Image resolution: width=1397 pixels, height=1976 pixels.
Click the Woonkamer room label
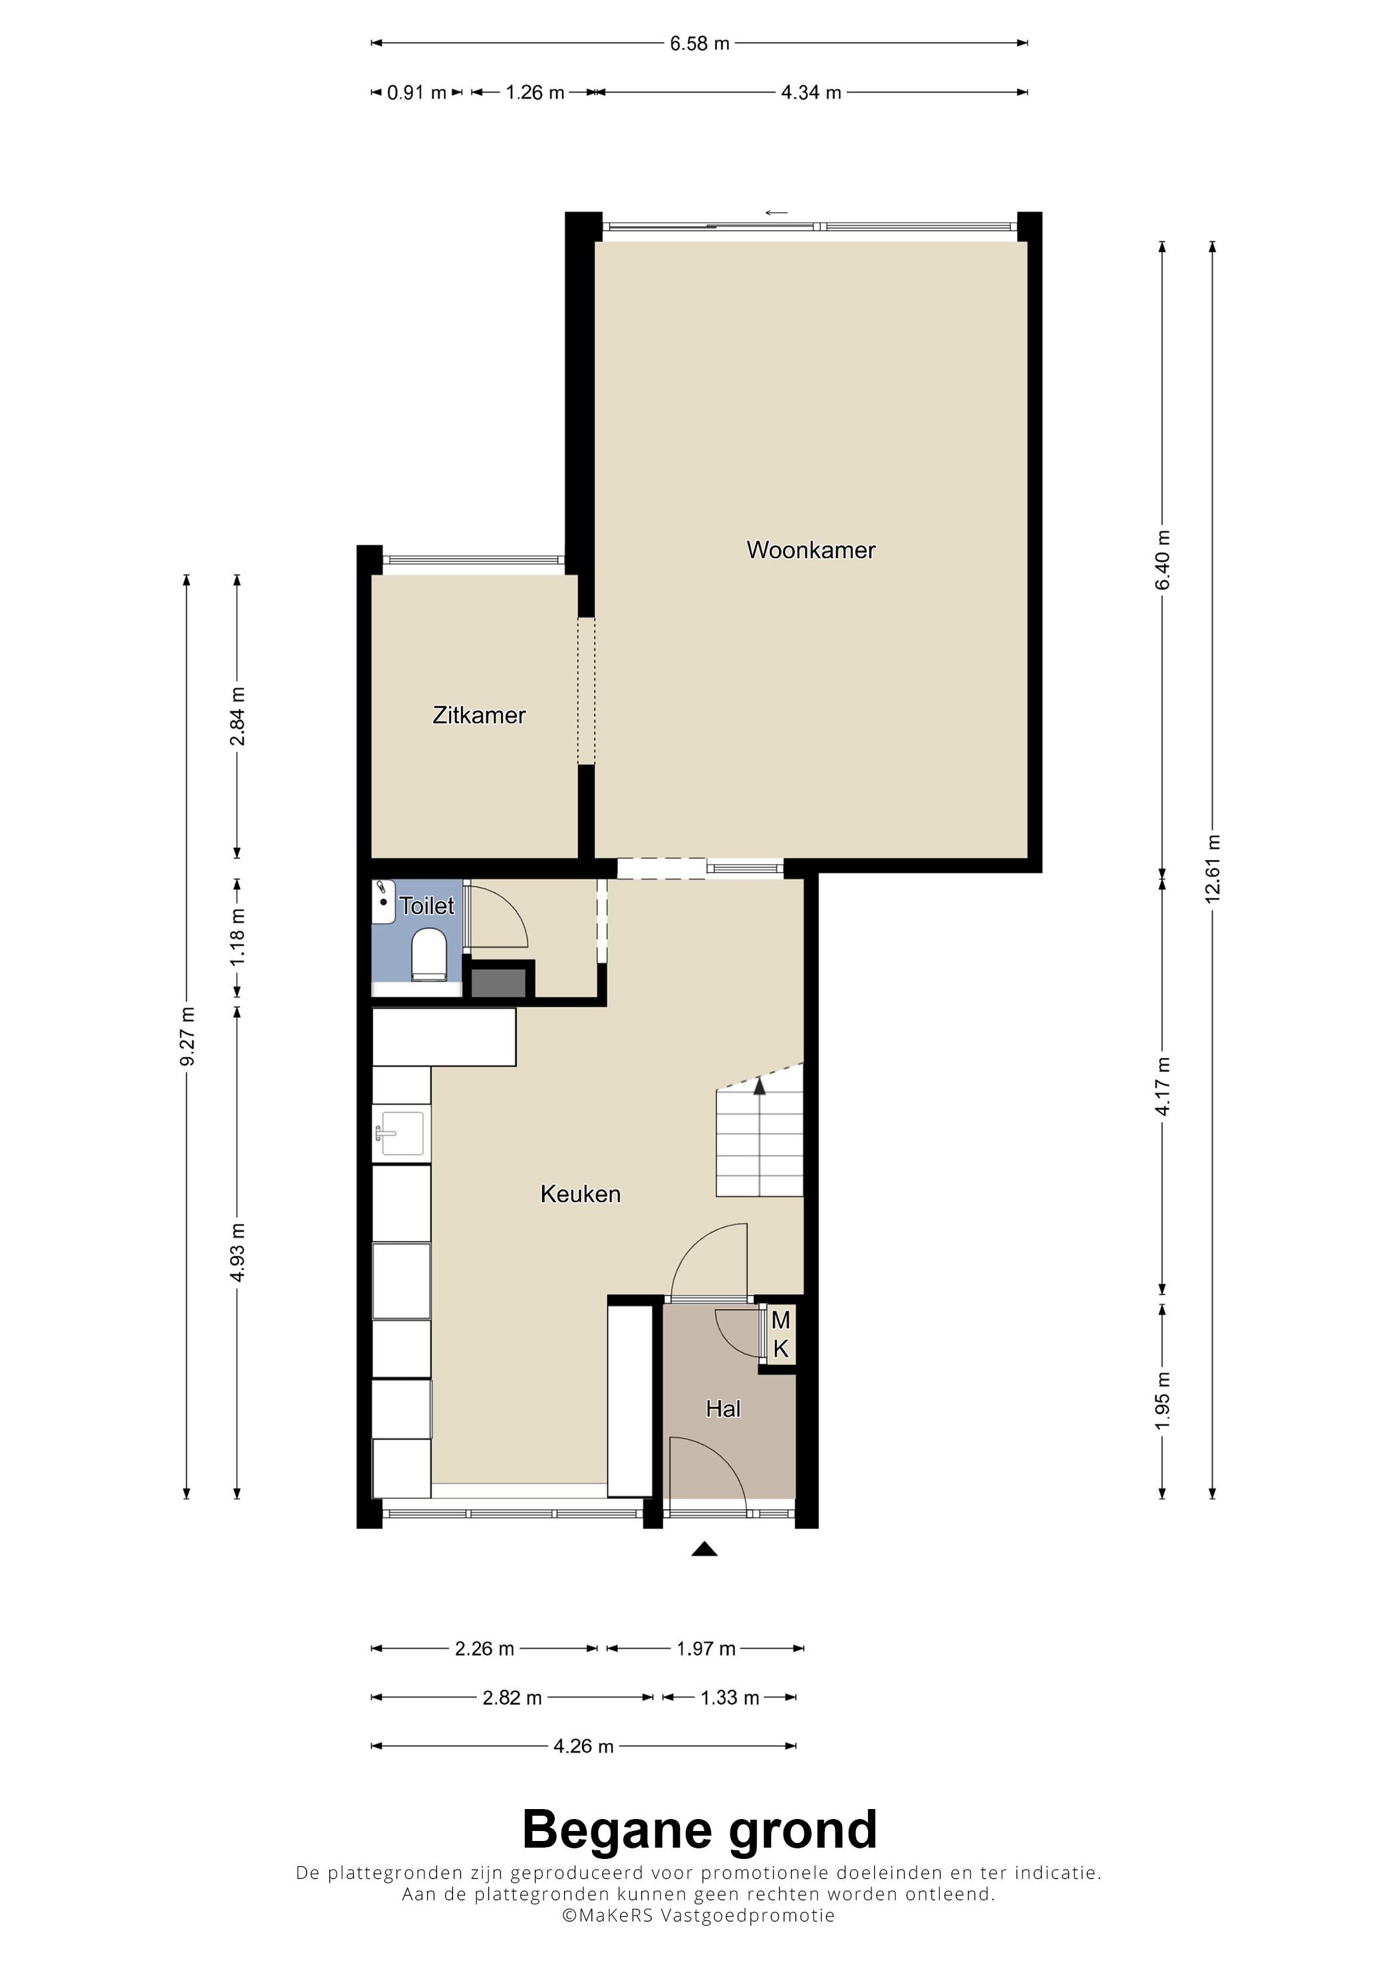click(x=810, y=550)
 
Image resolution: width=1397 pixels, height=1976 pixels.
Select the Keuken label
click(x=580, y=1194)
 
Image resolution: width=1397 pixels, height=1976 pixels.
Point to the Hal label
click(x=723, y=1409)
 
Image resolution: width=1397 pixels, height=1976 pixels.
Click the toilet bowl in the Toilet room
click(x=428, y=954)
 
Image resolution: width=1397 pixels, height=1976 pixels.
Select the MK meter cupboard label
click(x=781, y=1335)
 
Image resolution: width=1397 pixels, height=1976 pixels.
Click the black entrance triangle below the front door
click(x=705, y=1549)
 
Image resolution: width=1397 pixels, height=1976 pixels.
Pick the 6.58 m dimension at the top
click(x=700, y=43)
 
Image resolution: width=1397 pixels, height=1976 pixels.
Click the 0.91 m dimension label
click(x=416, y=92)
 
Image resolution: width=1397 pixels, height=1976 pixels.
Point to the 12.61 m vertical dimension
click(x=1213, y=867)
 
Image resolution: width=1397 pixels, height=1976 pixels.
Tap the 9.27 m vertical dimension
click(x=187, y=1036)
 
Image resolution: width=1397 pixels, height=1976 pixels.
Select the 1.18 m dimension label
click(x=237, y=936)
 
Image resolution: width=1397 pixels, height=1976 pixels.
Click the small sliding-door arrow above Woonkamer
click(x=776, y=213)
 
